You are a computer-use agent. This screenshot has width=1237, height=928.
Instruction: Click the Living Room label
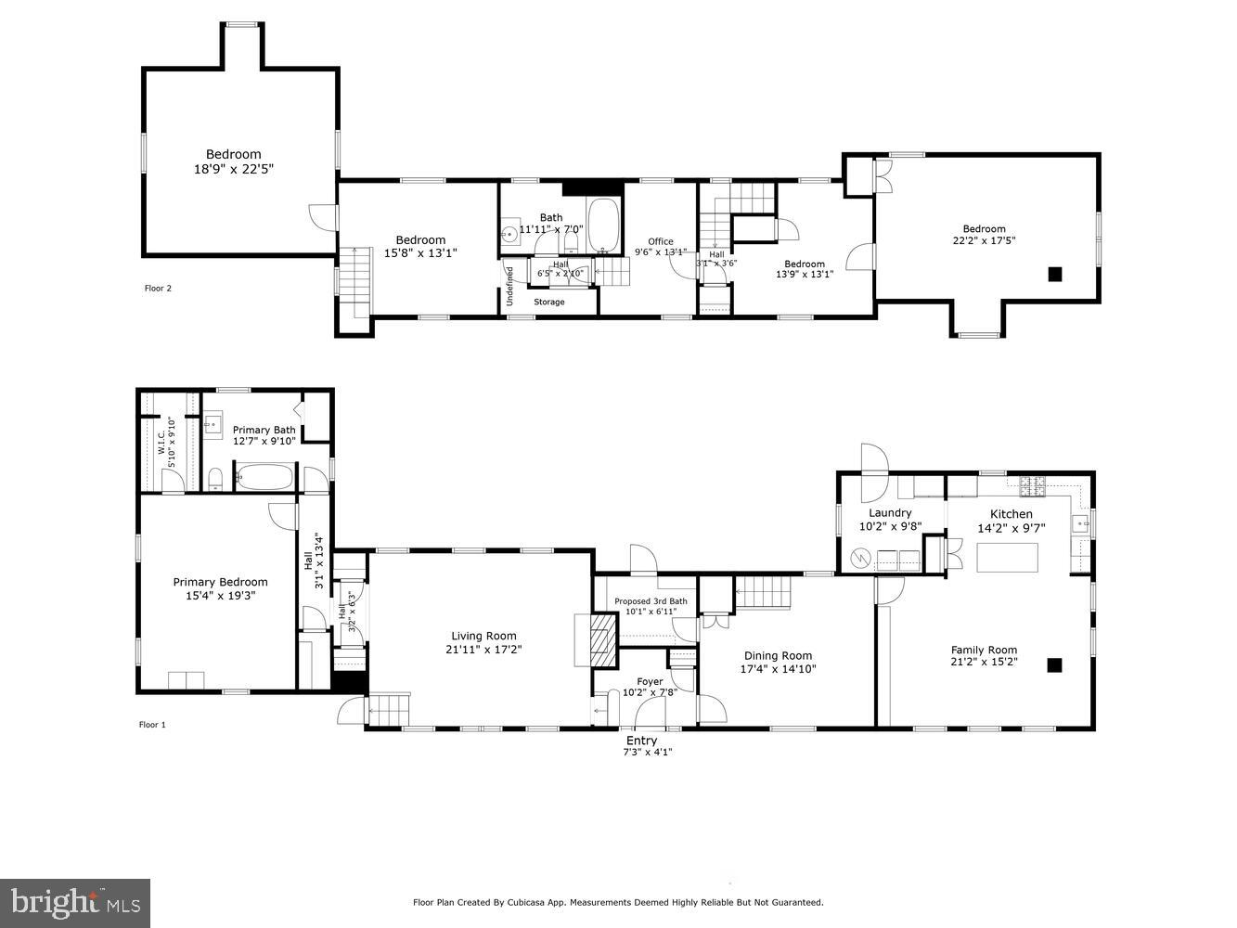click(483, 636)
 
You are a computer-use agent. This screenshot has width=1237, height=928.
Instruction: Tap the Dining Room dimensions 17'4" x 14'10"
click(778, 668)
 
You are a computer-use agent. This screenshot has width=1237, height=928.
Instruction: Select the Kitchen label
click(1011, 514)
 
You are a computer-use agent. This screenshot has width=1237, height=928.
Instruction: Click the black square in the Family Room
click(1054, 664)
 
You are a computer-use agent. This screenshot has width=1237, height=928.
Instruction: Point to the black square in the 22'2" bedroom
click(1054, 274)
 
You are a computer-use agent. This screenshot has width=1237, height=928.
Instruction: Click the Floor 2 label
click(158, 289)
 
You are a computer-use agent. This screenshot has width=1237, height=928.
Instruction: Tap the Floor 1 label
click(152, 725)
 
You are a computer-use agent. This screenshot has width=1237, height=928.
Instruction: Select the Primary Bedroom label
click(220, 582)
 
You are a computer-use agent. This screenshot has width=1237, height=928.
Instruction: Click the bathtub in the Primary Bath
click(264, 478)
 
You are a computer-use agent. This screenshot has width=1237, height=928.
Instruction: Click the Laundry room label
click(889, 513)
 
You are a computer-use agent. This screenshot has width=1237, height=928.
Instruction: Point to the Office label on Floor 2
click(660, 241)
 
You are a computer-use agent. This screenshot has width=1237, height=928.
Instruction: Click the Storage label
click(548, 302)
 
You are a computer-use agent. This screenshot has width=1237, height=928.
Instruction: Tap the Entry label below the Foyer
click(641, 741)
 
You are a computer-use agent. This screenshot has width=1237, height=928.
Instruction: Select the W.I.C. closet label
click(161, 441)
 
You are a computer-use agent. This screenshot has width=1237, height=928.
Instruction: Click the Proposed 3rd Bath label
click(651, 601)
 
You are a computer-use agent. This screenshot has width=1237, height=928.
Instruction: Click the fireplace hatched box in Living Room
click(601, 640)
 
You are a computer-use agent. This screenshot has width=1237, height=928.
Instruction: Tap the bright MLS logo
click(75, 902)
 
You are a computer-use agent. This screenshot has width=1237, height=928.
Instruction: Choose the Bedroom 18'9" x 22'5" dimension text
click(234, 169)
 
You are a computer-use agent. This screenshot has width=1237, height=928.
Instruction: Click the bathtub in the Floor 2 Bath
click(604, 225)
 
